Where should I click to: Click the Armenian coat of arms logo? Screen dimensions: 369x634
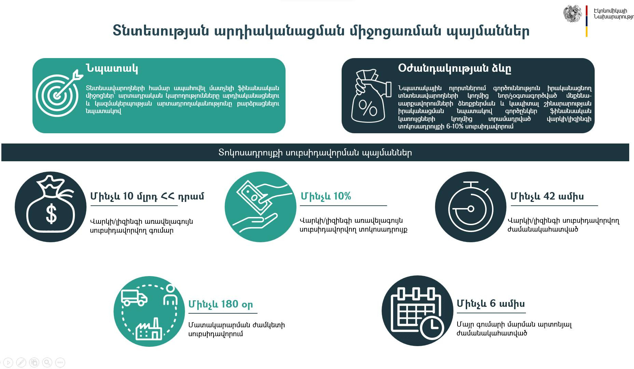coord(572,14)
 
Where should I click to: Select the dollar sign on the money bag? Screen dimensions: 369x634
coord(51,214)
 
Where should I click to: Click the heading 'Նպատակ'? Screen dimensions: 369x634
coord(112,68)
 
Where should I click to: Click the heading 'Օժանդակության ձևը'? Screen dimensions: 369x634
coord(454,68)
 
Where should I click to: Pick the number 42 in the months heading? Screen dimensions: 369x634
coord(549,196)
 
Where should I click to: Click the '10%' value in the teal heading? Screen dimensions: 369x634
coord(342,196)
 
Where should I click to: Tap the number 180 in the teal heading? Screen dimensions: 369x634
coord(229,304)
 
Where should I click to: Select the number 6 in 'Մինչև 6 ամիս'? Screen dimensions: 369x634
coord(492,303)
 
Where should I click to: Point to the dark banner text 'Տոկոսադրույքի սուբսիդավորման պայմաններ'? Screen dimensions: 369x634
coord(315,152)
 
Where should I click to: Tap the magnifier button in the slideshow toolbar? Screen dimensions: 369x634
coord(47,363)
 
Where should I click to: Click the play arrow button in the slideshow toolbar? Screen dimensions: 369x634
coord(8,363)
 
